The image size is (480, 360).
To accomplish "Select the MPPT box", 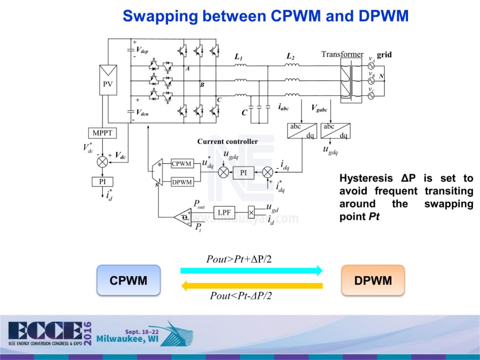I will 103,133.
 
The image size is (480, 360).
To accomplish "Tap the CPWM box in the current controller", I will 182,164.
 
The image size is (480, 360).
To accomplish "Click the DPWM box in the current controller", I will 182,182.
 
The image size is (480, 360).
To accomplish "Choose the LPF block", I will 224,212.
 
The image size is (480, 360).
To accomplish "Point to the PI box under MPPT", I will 103,182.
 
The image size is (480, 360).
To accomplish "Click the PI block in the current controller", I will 243,172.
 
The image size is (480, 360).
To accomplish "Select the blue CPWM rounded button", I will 128,280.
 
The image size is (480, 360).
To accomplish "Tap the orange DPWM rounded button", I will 373,280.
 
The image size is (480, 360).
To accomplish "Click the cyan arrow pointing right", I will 252,270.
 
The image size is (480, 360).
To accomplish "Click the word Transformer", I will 342,55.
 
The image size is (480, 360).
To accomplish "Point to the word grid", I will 384,55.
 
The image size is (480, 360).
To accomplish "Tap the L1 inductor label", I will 239,57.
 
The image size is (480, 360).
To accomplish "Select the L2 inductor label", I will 291,56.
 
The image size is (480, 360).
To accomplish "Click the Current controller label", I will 228,141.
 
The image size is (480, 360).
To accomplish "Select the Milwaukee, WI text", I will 127,340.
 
